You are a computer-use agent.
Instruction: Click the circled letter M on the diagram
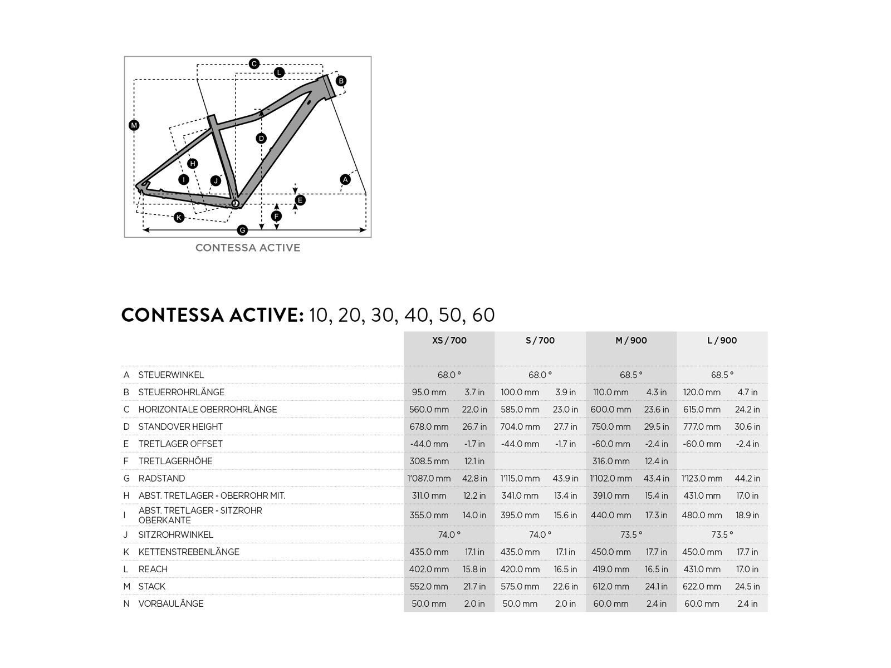pyautogui.click(x=134, y=125)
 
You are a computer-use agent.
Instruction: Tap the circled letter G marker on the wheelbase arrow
pyautogui.click(x=242, y=230)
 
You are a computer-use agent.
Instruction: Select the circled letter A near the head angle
pyautogui.click(x=345, y=179)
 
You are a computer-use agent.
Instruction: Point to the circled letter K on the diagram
pyautogui.click(x=179, y=217)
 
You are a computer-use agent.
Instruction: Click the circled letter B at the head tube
pyautogui.click(x=341, y=81)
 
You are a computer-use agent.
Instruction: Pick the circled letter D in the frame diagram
pyautogui.click(x=261, y=138)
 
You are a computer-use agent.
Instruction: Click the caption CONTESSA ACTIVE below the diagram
pyautogui.click(x=248, y=248)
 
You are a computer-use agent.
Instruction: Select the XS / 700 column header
pyautogui.click(x=449, y=340)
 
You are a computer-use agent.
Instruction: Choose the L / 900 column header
pyautogui.click(x=722, y=340)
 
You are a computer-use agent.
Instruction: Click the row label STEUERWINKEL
pyautogui.click(x=171, y=375)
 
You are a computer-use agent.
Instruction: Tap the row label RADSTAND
pyautogui.click(x=161, y=478)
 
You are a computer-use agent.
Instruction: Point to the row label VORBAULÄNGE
pyautogui.click(x=171, y=603)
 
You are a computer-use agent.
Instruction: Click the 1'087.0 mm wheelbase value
pyautogui.click(x=429, y=478)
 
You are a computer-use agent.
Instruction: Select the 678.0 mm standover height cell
pyautogui.click(x=429, y=426)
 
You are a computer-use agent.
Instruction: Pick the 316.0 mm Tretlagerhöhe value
pyautogui.click(x=611, y=461)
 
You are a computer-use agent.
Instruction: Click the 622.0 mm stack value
pyautogui.click(x=702, y=586)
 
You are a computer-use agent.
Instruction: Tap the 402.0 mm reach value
pyautogui.click(x=429, y=569)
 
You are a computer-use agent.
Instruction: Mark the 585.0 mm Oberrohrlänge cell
pyautogui.click(x=520, y=409)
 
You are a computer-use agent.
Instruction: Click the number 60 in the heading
pyautogui.click(x=483, y=315)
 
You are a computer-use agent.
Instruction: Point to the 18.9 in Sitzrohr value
pyautogui.click(x=747, y=515)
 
